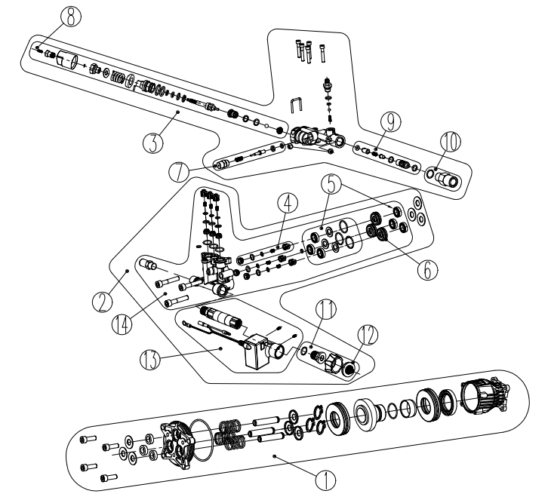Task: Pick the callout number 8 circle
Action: [x=69, y=17]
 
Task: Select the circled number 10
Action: [x=450, y=141]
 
